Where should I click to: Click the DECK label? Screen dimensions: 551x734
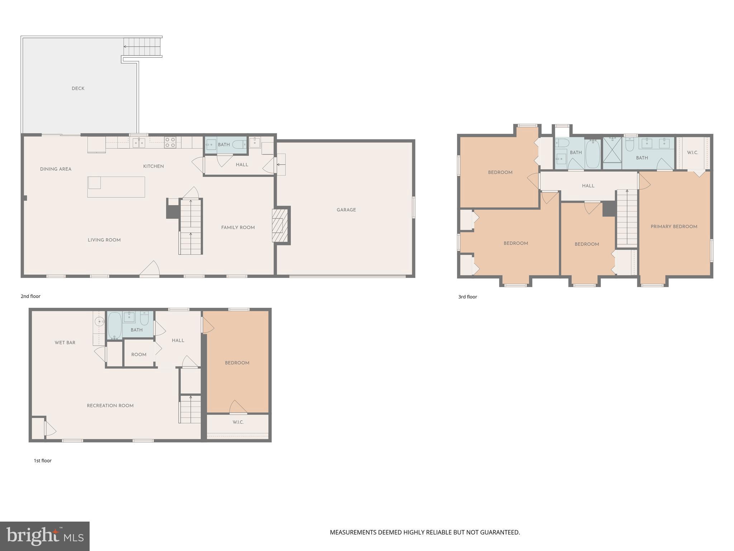pyautogui.click(x=78, y=89)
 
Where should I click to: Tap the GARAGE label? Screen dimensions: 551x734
pyautogui.click(x=346, y=210)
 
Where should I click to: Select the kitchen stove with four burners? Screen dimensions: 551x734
pyautogui.click(x=170, y=142)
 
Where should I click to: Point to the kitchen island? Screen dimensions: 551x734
pyautogui.click(x=116, y=187)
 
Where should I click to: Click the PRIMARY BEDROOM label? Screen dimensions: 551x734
pyautogui.click(x=674, y=227)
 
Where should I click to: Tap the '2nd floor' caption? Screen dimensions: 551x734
pyautogui.click(x=30, y=296)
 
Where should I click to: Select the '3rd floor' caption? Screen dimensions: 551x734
pyautogui.click(x=467, y=297)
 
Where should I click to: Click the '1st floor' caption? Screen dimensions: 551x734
pyautogui.click(x=43, y=461)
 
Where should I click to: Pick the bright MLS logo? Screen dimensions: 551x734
pyautogui.click(x=44, y=536)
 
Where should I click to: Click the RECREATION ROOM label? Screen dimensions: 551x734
pyautogui.click(x=110, y=406)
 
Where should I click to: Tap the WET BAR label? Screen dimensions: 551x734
pyautogui.click(x=65, y=343)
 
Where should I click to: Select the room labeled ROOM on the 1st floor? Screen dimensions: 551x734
pyautogui.click(x=139, y=354)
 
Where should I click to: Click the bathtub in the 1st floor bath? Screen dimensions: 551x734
pyautogui.click(x=115, y=325)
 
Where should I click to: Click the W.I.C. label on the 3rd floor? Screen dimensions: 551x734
pyautogui.click(x=692, y=152)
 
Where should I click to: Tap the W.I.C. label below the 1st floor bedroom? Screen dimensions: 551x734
pyautogui.click(x=238, y=422)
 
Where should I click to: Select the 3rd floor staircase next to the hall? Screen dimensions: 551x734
pyautogui.click(x=627, y=217)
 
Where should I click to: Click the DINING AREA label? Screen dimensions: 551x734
pyautogui.click(x=56, y=169)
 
